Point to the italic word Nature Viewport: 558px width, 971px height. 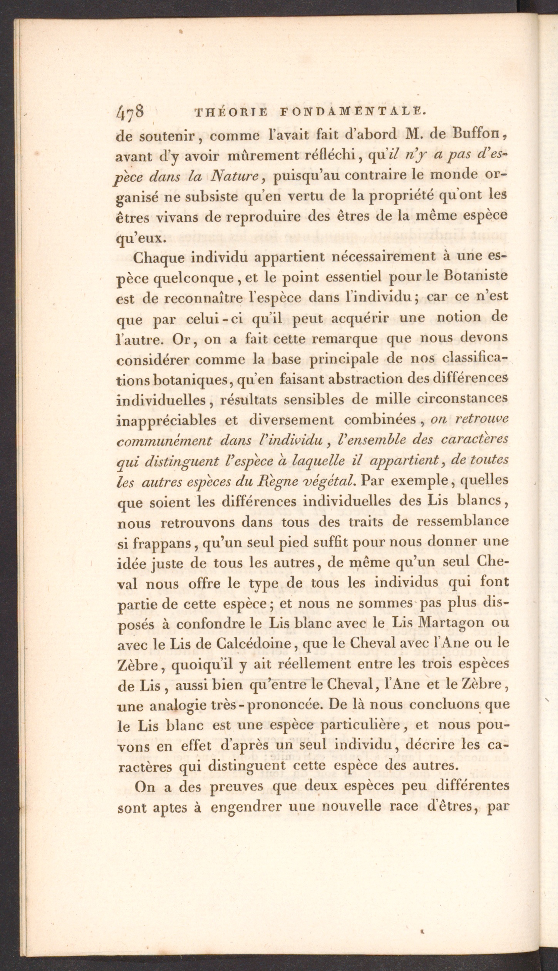tap(235, 177)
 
